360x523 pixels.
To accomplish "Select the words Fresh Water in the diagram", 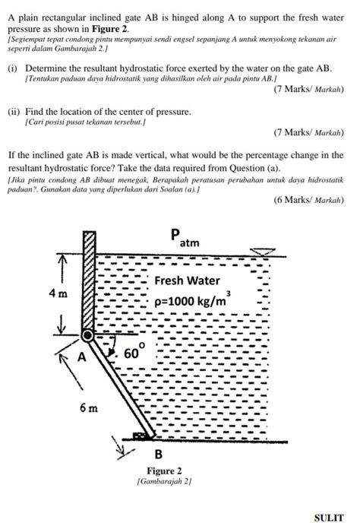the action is [187, 281].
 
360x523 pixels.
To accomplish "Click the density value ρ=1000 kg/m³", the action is [192, 299].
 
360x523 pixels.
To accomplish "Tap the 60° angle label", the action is [134, 353].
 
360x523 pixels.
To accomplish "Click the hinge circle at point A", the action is [88, 335].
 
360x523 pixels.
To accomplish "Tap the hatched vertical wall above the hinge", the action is [88, 281].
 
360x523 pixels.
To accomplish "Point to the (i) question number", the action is [12, 68].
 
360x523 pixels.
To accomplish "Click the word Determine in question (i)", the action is [48, 68].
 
